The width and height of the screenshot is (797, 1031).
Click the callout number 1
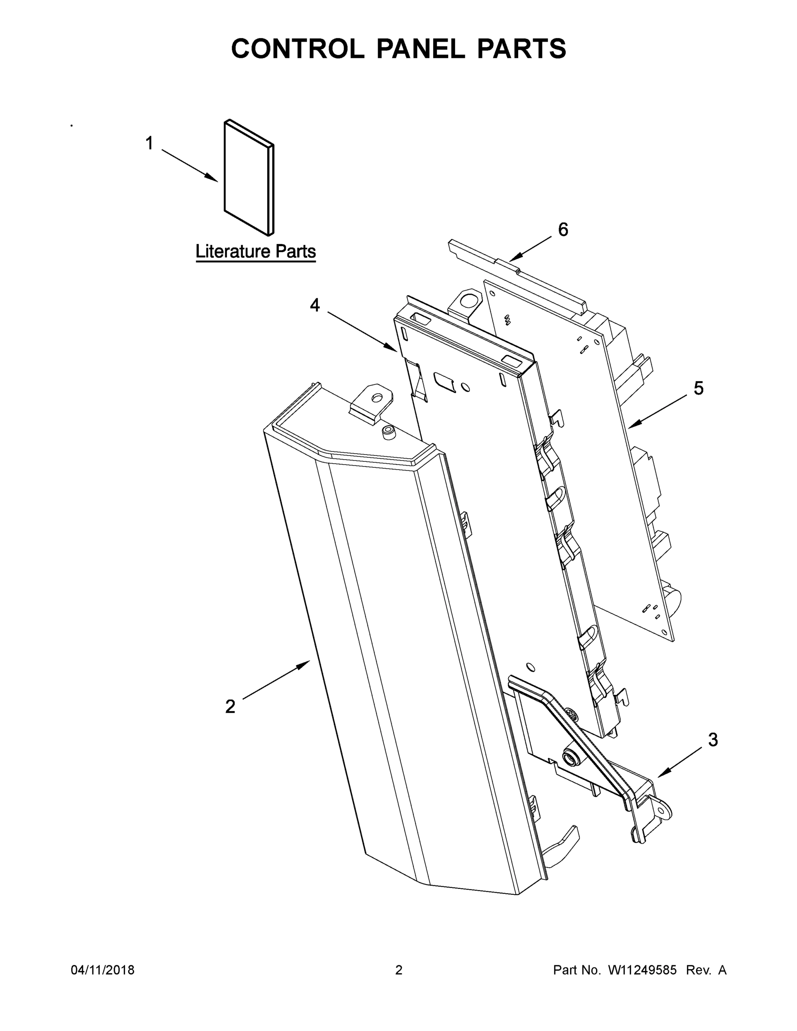[x=149, y=143]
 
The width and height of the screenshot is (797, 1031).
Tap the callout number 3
[x=713, y=740]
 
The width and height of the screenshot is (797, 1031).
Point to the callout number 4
[x=315, y=305]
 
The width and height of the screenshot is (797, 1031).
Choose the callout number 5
[x=698, y=388]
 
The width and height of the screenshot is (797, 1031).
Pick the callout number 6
[x=563, y=229]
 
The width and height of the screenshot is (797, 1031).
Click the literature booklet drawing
[x=248, y=177]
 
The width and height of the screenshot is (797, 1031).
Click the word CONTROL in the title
[x=297, y=49]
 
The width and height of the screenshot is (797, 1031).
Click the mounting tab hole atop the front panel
[x=377, y=398]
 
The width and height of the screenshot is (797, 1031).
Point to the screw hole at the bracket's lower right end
[x=665, y=812]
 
